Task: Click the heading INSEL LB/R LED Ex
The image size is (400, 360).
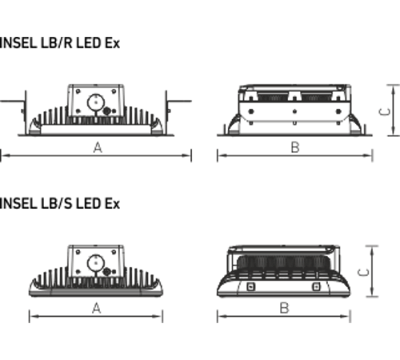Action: pyautogui.click(x=60, y=43)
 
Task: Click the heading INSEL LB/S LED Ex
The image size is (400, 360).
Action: pyautogui.click(x=60, y=204)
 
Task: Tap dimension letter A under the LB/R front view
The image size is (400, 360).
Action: pyautogui.click(x=98, y=147)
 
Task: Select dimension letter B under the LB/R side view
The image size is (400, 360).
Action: pyautogui.click(x=295, y=147)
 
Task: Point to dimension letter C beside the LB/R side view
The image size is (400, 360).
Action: pyautogui.click(x=385, y=112)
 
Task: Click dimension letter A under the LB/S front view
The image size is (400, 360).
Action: pyautogui.click(x=97, y=309)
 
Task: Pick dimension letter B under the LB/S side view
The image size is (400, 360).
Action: pyautogui.click(x=285, y=308)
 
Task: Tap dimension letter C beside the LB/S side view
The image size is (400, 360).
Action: pyautogui.click(x=363, y=273)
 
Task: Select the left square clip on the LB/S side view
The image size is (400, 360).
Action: pyautogui.click(x=250, y=287)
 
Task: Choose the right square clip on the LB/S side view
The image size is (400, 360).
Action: pyautogui.click(x=316, y=287)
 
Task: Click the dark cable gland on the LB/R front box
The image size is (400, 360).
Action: pyautogui.click(x=106, y=111)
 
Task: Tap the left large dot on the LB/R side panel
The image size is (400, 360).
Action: pyautogui.click(x=250, y=111)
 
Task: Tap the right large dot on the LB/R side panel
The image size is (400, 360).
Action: pyautogui.click(x=338, y=111)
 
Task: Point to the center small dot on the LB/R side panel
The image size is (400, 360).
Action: pyautogui.click(x=294, y=111)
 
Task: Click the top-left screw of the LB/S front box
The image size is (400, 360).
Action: pyautogui.click(x=78, y=252)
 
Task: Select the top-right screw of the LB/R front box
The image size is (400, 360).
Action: pyautogui.click(x=114, y=91)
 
